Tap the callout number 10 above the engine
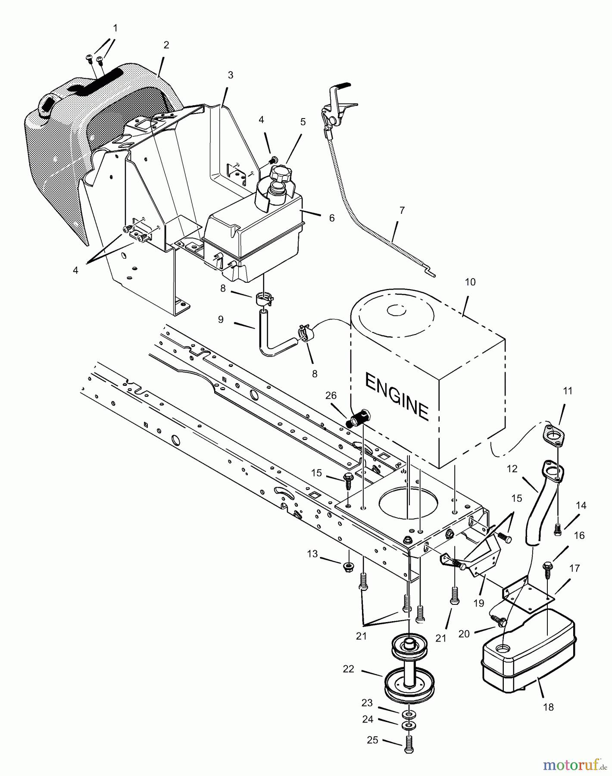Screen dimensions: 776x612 coord(470,282)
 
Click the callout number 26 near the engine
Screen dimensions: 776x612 coord(331,396)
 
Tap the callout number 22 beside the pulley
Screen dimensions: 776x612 coord(348,669)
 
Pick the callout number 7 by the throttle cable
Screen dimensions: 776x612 coord(402,210)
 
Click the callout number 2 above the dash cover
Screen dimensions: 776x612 coord(166,45)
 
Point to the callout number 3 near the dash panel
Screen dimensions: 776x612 coord(231,75)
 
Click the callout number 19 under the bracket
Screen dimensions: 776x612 coord(479,603)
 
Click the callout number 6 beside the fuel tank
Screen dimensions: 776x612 coord(331,218)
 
